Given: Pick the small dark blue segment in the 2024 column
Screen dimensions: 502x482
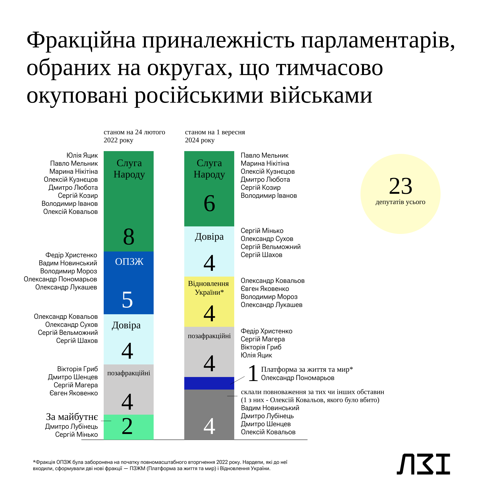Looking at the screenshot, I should point(209,383).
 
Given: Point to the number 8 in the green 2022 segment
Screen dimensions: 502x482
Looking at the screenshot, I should point(129,237).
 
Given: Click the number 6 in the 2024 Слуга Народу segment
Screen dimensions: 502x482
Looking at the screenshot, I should point(209,204).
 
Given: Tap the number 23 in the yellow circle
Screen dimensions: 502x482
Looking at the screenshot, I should point(400,186).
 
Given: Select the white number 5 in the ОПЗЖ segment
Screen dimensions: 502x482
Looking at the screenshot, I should point(127,300).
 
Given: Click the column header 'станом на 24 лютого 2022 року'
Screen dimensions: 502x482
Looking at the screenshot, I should point(134,136).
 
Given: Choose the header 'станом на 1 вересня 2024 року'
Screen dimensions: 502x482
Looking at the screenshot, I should point(215,136).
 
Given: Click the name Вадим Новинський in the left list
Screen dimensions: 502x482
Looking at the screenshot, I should point(68,263).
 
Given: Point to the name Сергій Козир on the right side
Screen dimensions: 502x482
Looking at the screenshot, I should point(261,187).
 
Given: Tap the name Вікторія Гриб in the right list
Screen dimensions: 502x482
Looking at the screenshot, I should point(261,347).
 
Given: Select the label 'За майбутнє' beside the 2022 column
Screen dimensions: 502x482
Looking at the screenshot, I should point(72,417).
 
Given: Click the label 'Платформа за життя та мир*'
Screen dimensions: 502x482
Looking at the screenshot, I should point(307,369).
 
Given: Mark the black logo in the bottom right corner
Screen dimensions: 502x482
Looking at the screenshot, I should point(423,464).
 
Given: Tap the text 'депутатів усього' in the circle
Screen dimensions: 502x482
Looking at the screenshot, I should point(400,202).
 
